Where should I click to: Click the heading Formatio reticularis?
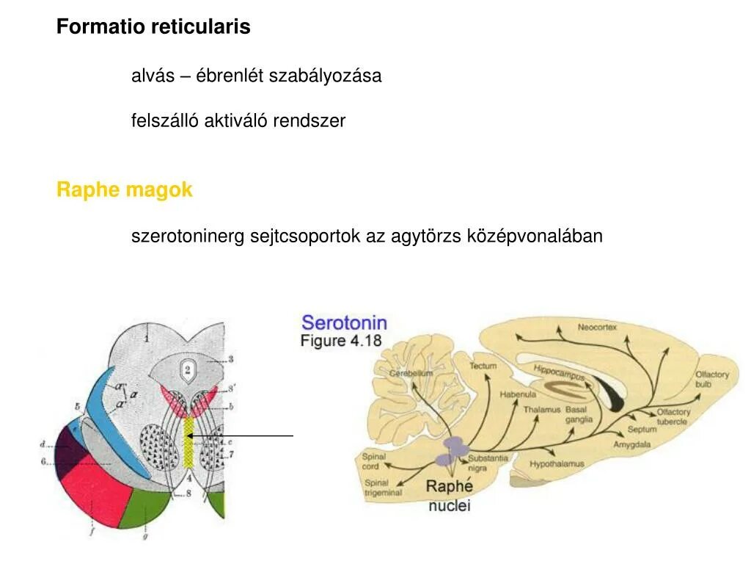pos(153,27)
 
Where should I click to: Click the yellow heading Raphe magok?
pos(124,190)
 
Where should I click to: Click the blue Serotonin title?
pos(344,322)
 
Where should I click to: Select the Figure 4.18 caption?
pos(342,341)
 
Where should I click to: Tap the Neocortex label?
pos(597,327)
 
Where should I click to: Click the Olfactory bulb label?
pos(711,379)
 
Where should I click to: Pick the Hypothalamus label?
pos(557,464)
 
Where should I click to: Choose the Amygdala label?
pos(633,445)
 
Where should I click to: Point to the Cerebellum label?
pos(411,373)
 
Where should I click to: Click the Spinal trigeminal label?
pos(383,488)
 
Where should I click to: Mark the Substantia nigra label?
pos(487,463)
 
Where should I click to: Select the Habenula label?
pos(513,394)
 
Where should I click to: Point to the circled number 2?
pos(188,369)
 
